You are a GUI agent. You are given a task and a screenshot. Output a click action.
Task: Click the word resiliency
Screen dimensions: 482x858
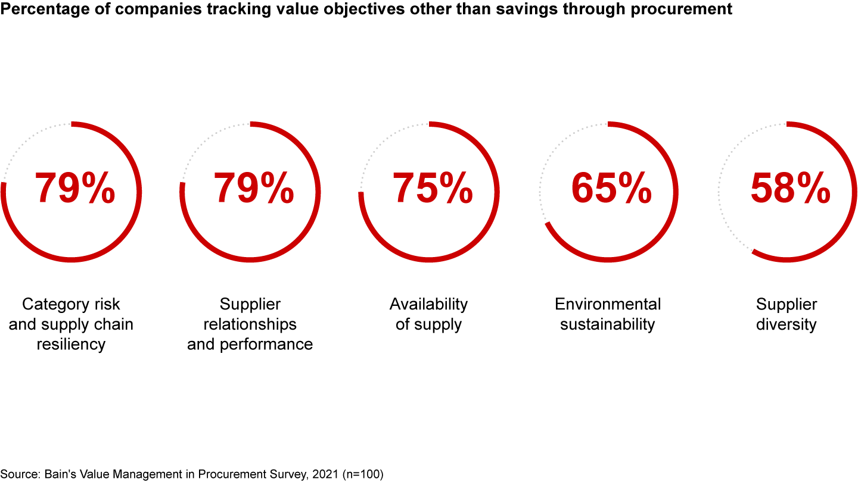[71, 345]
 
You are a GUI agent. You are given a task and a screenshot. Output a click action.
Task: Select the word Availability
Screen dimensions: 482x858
[428, 304]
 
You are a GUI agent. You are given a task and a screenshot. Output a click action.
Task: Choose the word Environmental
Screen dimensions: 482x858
[608, 304]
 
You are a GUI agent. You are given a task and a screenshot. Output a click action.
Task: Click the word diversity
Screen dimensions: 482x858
[786, 324]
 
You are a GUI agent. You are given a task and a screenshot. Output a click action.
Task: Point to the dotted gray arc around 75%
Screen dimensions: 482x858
[381, 143]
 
